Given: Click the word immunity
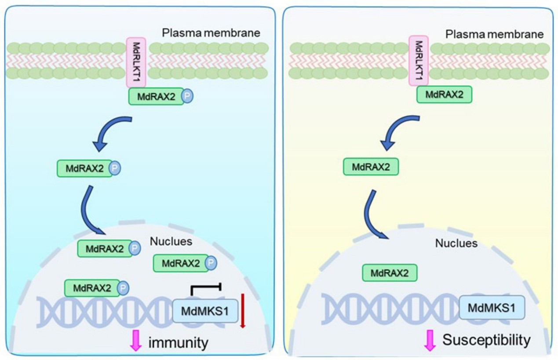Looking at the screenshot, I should [x=178, y=342].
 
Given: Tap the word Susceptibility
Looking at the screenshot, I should [x=486, y=340].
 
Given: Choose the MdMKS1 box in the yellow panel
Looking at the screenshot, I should [x=492, y=307].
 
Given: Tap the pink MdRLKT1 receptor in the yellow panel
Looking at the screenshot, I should [x=419, y=61].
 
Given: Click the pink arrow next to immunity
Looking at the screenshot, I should [x=136, y=342].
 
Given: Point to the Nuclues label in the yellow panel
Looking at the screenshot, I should [x=456, y=243].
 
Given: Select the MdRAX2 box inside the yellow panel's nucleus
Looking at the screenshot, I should [x=389, y=273].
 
